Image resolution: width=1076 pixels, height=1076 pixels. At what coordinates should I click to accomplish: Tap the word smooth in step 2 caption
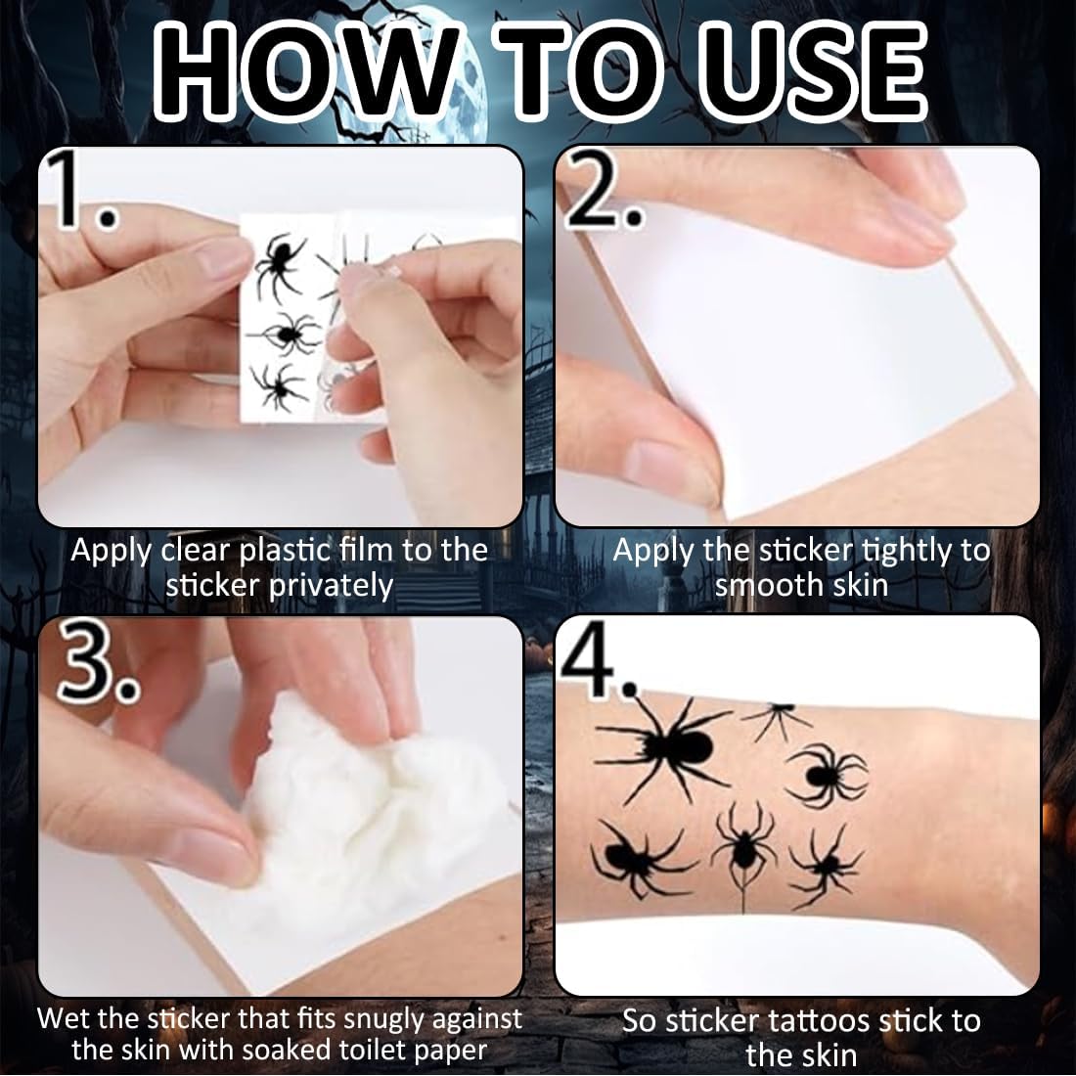pyautogui.click(x=769, y=585)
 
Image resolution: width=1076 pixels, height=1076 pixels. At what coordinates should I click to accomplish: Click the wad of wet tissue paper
pyautogui.click(x=374, y=810)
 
